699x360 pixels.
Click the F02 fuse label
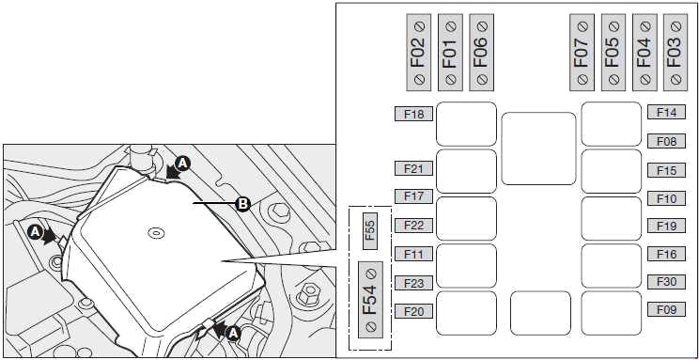click(x=419, y=53)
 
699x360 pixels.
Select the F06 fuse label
click(x=481, y=53)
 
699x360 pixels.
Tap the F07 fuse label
click(x=582, y=53)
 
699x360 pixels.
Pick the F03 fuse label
click(x=676, y=53)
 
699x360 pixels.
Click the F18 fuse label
click(x=413, y=114)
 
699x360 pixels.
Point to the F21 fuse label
click(x=413, y=168)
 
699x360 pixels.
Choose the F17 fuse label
click(x=413, y=196)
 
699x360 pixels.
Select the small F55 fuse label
click(x=370, y=231)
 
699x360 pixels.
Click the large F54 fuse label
click(x=370, y=300)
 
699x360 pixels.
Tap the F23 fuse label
click(x=413, y=283)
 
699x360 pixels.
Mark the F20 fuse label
click(x=413, y=311)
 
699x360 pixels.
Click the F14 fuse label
click(x=666, y=113)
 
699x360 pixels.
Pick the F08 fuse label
click(x=666, y=141)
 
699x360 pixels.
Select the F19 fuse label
click(x=666, y=226)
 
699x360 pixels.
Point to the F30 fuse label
click(x=666, y=281)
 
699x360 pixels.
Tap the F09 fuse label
click(x=666, y=309)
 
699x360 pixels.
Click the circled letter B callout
click(x=242, y=204)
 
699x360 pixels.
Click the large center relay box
click(x=538, y=149)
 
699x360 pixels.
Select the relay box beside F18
click(x=466, y=124)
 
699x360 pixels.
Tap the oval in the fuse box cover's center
click(x=156, y=232)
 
